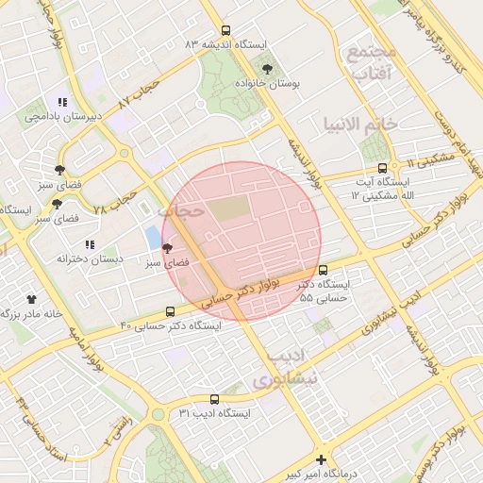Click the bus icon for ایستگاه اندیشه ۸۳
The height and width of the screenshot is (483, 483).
(225, 30)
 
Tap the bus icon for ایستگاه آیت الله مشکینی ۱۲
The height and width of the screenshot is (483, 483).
(382, 168)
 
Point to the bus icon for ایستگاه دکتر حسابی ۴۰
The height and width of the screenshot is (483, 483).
(171, 311)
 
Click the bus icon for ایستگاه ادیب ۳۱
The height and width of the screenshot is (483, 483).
(214, 399)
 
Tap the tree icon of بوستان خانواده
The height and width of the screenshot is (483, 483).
(267, 68)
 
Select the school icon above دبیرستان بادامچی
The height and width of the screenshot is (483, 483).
(62, 102)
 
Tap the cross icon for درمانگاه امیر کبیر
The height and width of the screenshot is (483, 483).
(322, 459)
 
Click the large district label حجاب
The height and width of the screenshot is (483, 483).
(181, 211)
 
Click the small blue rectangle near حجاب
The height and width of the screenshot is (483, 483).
(153, 236)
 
